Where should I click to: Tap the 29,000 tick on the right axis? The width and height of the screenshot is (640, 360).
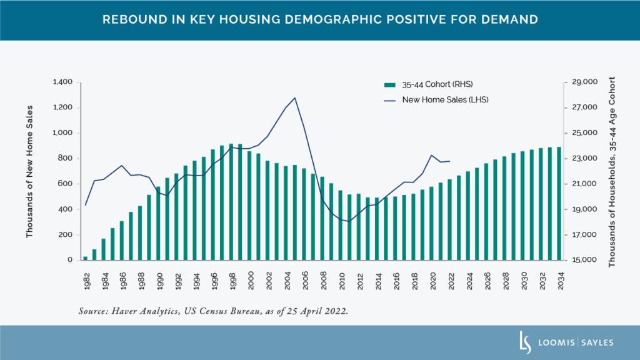(x=585, y=82)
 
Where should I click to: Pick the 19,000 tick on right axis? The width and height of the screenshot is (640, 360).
(x=585, y=209)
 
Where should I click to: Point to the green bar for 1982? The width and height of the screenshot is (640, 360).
(x=85, y=258)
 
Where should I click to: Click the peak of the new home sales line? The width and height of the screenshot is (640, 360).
(x=295, y=97)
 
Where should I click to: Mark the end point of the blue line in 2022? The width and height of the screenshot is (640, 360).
(x=450, y=161)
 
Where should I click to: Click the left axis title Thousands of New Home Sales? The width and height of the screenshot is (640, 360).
(x=29, y=171)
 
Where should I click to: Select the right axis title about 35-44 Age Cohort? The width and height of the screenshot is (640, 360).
(x=612, y=172)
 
